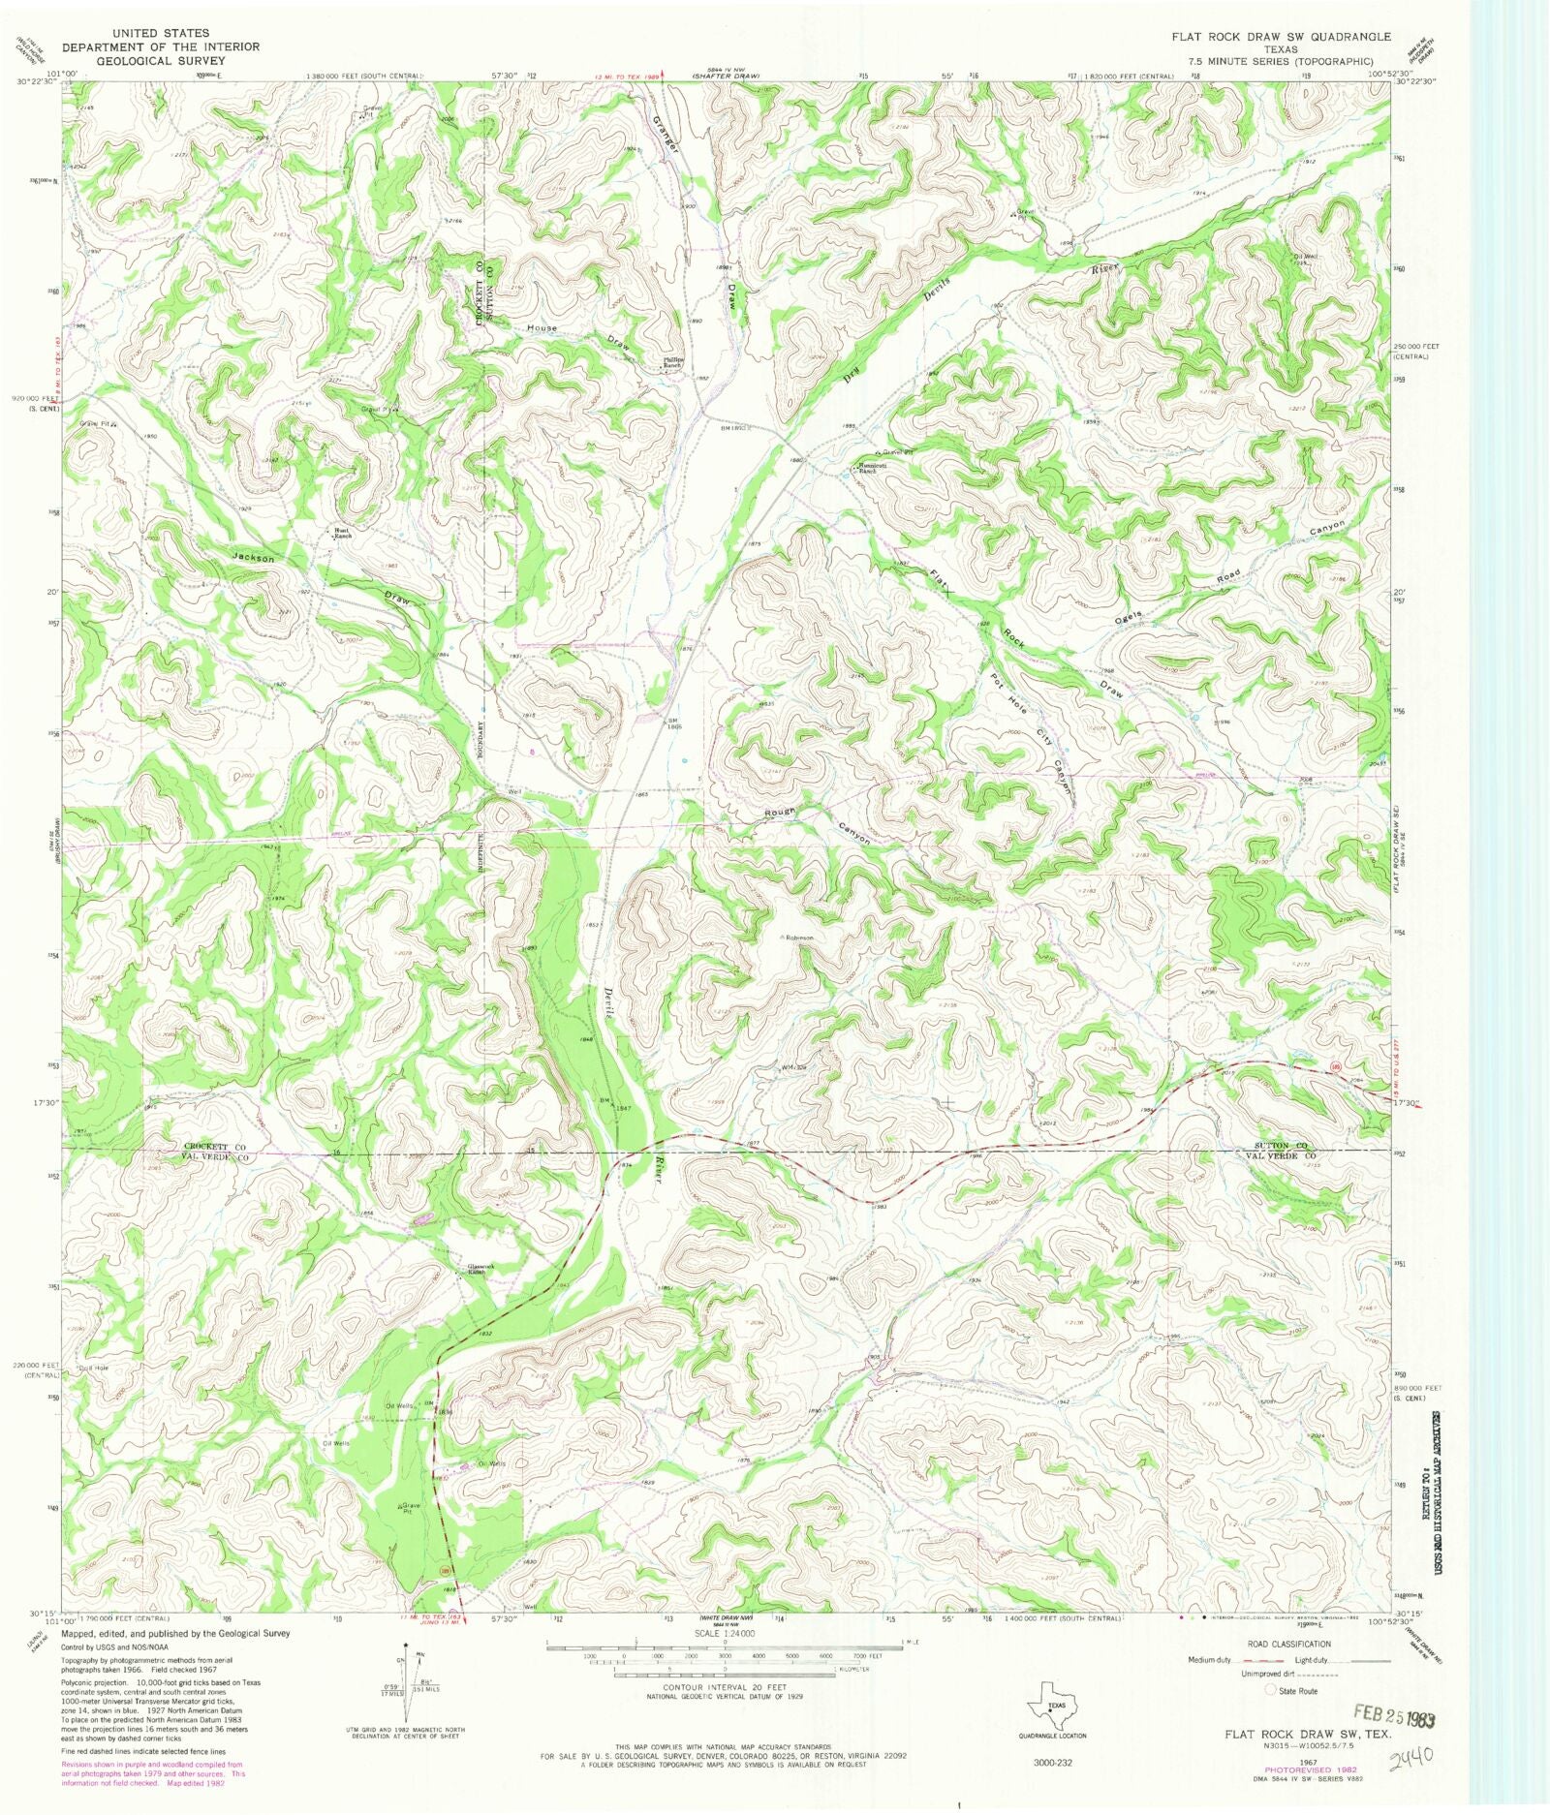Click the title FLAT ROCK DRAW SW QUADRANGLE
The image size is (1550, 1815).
coord(1286,36)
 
